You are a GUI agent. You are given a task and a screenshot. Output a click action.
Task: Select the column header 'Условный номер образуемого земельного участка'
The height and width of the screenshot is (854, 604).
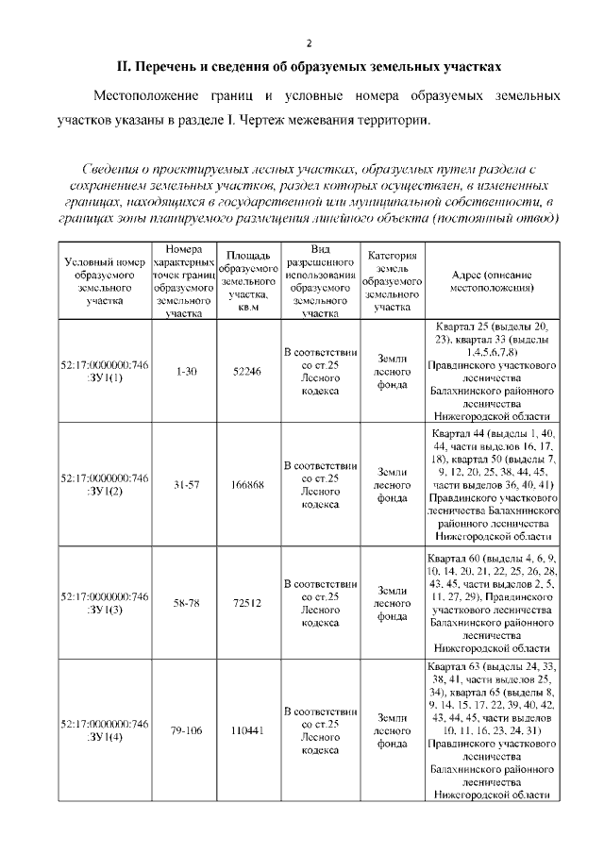(x=104, y=281)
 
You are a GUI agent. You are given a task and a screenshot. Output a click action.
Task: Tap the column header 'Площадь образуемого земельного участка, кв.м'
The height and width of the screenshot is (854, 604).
(x=248, y=281)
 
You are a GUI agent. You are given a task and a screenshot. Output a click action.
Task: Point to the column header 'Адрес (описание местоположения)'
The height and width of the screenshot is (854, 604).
(x=491, y=281)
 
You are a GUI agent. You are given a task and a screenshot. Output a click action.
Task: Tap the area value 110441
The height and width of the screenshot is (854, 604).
(x=248, y=730)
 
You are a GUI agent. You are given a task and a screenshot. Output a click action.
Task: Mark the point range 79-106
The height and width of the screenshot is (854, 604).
(x=186, y=730)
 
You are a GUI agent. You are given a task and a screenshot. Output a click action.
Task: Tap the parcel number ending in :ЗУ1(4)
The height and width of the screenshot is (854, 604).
(x=104, y=730)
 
